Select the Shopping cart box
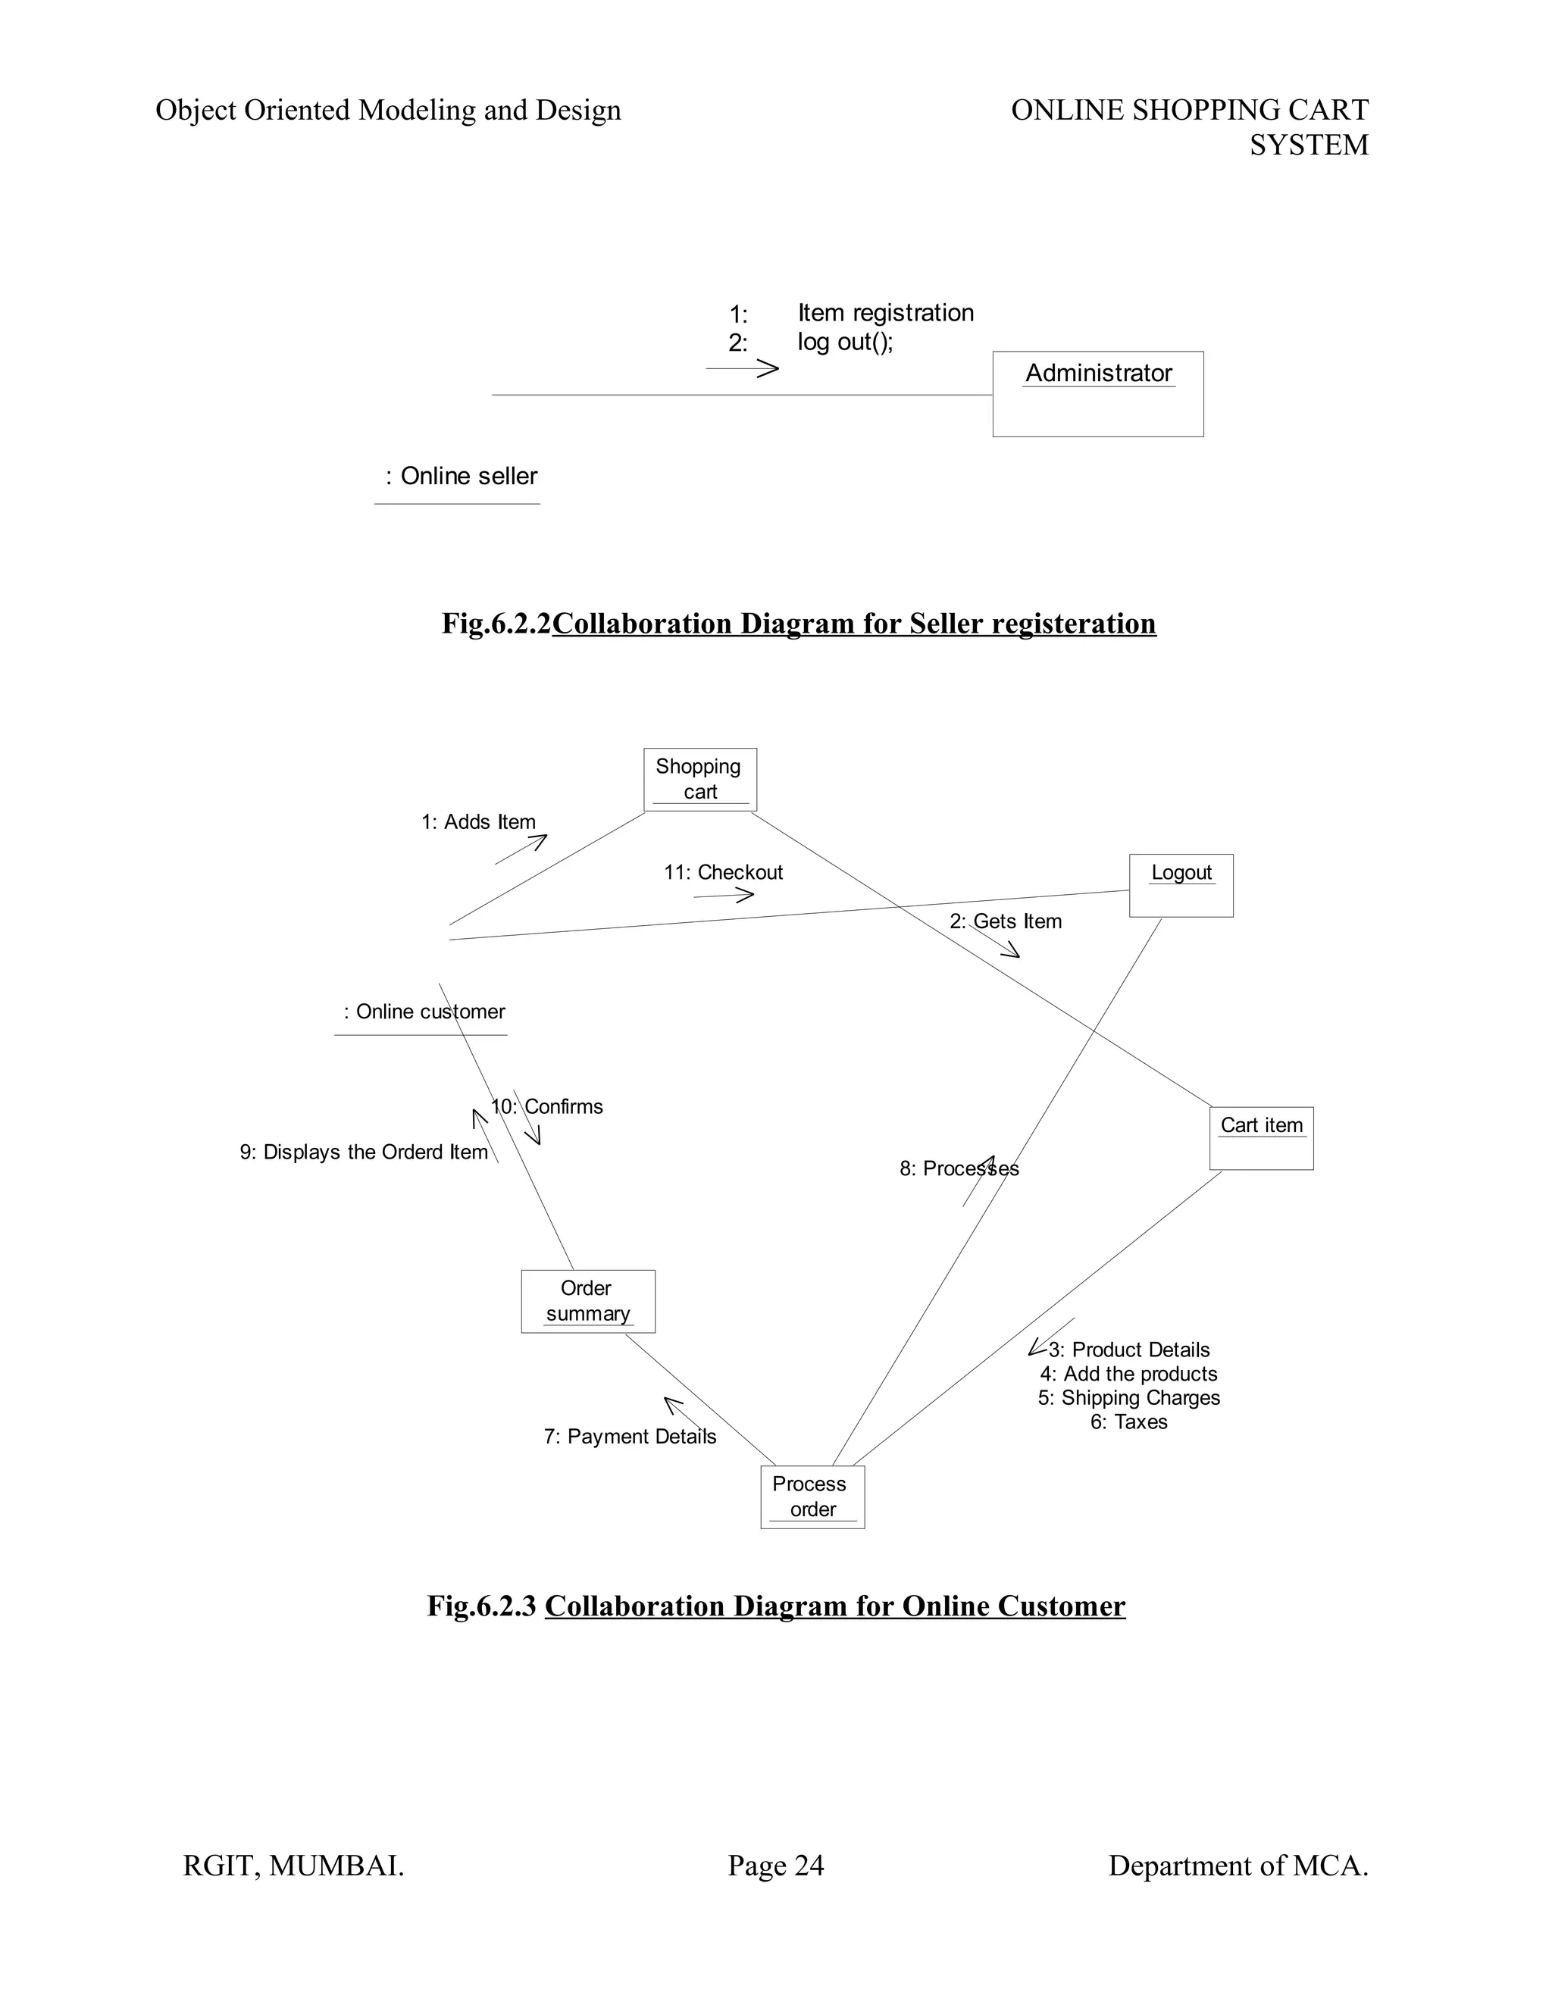[x=699, y=779]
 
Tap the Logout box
[x=1181, y=884]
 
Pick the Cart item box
[x=1260, y=1137]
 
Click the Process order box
[x=812, y=1497]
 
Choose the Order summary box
[x=587, y=1301]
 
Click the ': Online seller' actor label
[x=462, y=477]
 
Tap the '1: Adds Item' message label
[x=478, y=822]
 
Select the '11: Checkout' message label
[x=724, y=871]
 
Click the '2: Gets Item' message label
[x=1005, y=921]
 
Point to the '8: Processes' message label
[x=959, y=1168]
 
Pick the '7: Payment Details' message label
[x=630, y=1436]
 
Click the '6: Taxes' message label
[x=1128, y=1422]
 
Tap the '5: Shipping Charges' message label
[x=1128, y=1397]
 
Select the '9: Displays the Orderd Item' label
[x=363, y=1152]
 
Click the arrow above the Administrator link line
[x=743, y=369]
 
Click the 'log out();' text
[x=845, y=342]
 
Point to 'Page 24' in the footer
[x=775, y=1866]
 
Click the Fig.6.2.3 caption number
[x=481, y=1606]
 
